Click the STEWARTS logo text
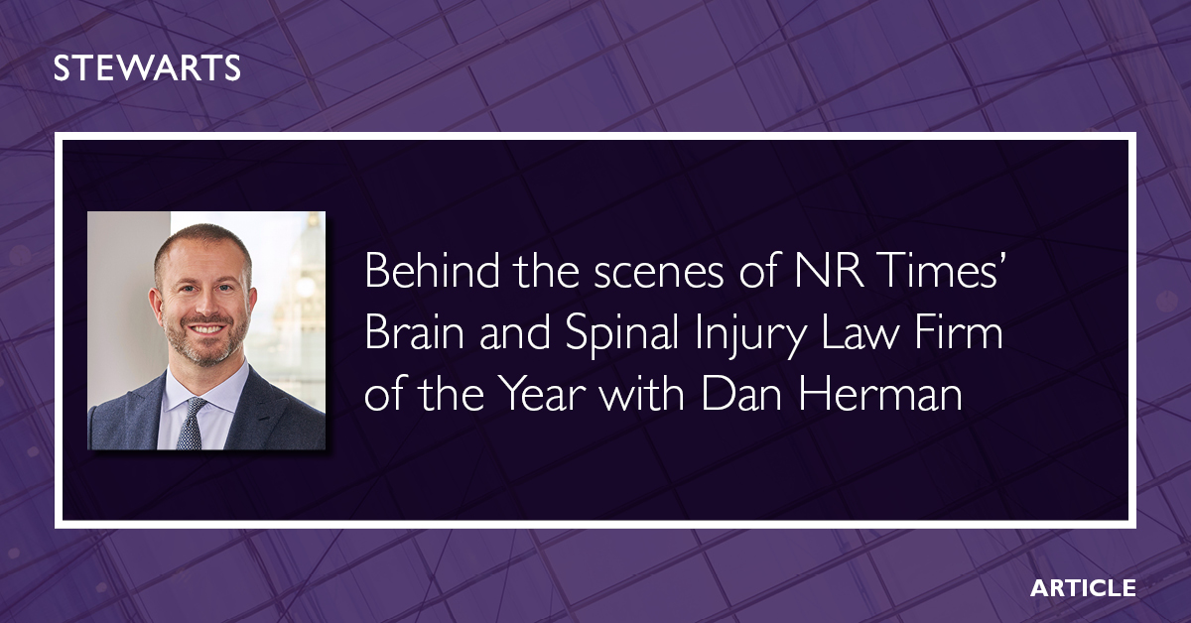147,68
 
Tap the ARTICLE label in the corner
1083,587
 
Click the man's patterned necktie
190,421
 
